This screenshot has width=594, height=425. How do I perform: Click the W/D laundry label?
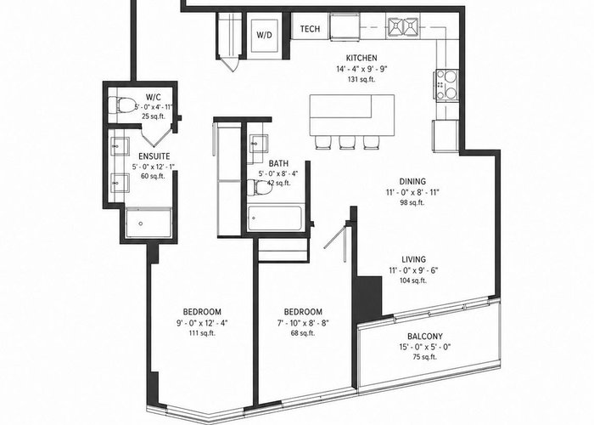click(264, 36)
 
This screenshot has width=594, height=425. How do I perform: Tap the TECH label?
click(310, 29)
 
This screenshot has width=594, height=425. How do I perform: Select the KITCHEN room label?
click(361, 58)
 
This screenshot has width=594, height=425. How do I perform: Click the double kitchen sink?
click(403, 27)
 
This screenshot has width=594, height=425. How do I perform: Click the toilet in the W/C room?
click(122, 104)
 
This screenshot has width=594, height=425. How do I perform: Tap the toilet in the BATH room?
click(260, 188)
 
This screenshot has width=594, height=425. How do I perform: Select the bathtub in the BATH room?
click(275, 218)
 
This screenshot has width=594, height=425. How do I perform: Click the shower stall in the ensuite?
click(148, 223)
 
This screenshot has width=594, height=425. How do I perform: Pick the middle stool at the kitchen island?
click(347, 142)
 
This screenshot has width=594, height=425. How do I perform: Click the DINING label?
click(412, 181)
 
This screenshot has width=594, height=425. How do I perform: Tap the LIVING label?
click(414, 259)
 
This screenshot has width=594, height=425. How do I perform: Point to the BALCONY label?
click(425, 337)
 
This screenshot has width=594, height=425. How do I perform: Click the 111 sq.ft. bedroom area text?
click(202, 333)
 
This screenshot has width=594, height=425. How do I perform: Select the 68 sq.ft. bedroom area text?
click(303, 333)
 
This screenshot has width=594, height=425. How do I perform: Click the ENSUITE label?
click(154, 156)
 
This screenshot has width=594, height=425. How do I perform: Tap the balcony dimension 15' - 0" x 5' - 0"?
click(425, 347)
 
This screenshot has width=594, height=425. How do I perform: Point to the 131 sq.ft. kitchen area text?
click(361, 80)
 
